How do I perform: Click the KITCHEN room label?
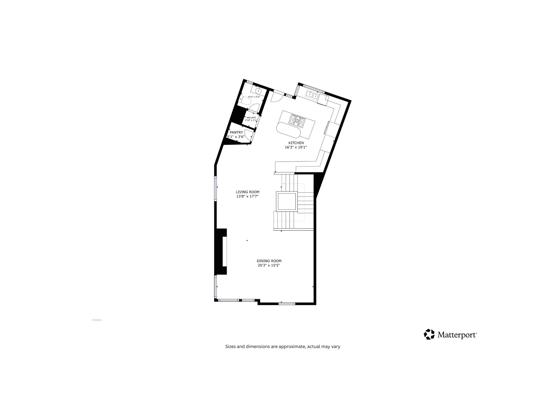(296, 143)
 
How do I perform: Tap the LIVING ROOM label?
(247, 192)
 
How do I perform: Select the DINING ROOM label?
(269, 261)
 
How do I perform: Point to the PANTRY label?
(236, 132)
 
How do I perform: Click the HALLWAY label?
(251, 118)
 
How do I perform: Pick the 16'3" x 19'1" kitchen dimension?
(296, 147)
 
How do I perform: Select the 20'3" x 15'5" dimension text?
(269, 265)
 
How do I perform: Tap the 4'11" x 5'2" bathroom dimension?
(254, 97)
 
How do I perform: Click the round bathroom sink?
(258, 91)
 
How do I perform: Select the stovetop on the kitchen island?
(297, 121)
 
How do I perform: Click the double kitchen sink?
(312, 95)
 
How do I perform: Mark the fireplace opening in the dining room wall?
(225, 251)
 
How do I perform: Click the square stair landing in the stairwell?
(286, 201)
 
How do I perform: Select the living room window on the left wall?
(216, 189)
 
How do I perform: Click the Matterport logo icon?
(429, 334)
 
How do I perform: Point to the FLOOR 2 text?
(97, 320)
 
